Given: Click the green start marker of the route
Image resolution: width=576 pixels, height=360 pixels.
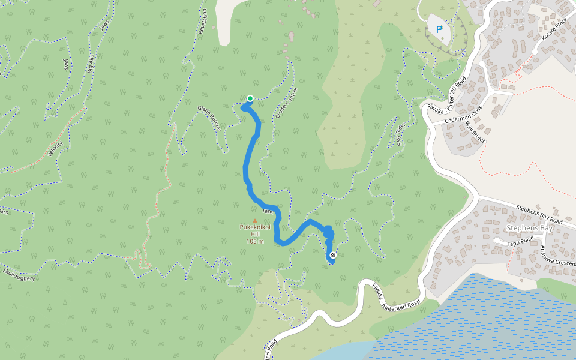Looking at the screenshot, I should pyautogui.click(x=250, y=98).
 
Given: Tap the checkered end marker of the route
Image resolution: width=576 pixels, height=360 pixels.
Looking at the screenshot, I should pyautogui.click(x=333, y=256).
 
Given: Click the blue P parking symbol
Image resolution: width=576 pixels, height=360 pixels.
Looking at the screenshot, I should pyautogui.click(x=439, y=29).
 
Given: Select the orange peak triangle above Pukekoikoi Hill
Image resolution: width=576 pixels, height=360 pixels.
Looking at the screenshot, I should pyautogui.click(x=254, y=220).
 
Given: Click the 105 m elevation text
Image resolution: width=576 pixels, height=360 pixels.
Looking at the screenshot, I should pyautogui.click(x=255, y=241).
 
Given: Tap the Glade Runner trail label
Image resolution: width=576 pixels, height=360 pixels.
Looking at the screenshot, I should pyautogui.click(x=209, y=118).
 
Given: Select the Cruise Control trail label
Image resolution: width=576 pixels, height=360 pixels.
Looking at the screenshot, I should pyautogui.click(x=287, y=103).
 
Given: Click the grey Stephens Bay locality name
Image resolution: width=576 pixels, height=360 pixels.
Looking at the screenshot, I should pyautogui.click(x=529, y=229).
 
